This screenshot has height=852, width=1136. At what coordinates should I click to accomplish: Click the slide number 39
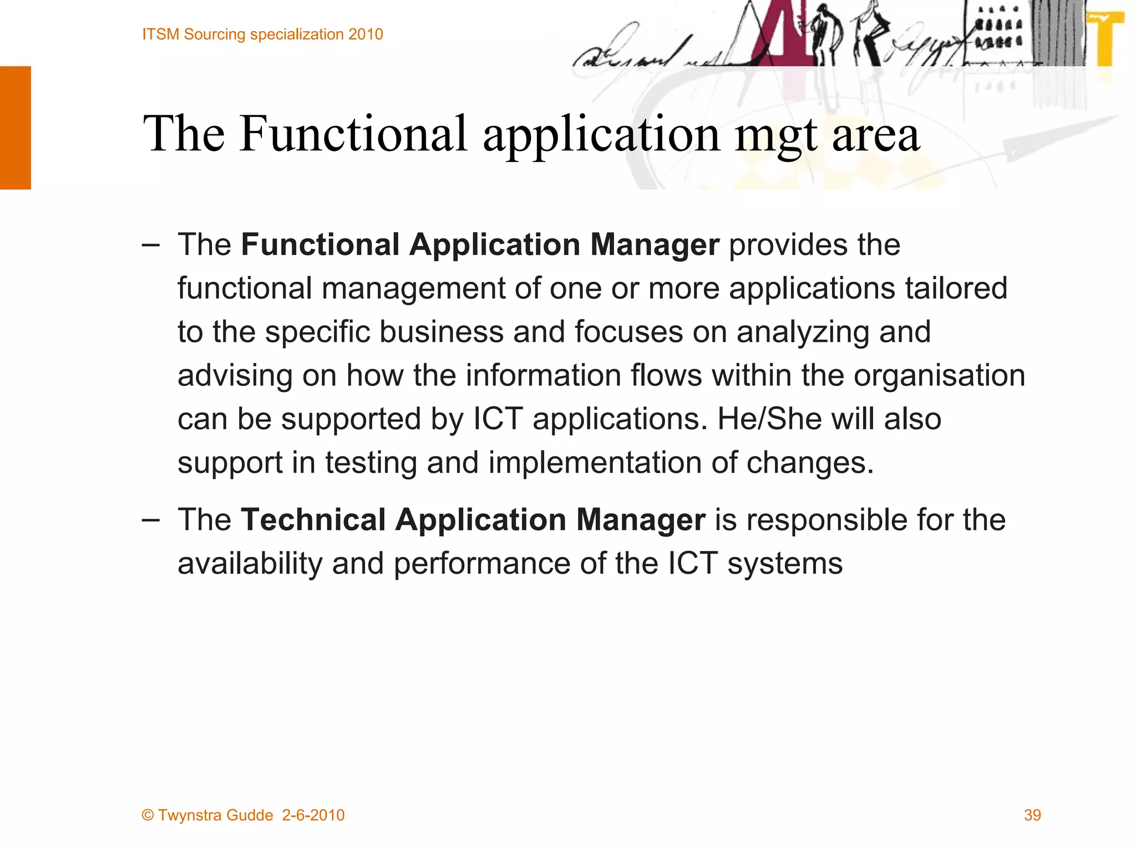(x=1032, y=815)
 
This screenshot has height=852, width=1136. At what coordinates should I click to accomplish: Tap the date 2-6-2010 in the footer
(x=313, y=815)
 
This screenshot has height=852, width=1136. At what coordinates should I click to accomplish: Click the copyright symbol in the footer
(x=148, y=815)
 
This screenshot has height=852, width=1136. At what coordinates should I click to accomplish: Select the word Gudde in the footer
(x=249, y=815)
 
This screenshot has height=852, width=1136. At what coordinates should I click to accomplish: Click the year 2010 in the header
(x=366, y=34)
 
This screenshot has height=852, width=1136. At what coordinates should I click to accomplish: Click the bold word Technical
(x=313, y=520)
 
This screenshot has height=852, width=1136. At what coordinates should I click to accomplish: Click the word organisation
(x=939, y=376)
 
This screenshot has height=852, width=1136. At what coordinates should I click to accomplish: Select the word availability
(x=250, y=564)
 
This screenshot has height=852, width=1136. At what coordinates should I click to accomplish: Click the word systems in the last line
(x=785, y=564)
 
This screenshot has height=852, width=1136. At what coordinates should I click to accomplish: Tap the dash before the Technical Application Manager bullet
(x=150, y=520)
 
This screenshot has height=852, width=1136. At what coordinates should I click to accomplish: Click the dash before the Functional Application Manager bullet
(x=150, y=245)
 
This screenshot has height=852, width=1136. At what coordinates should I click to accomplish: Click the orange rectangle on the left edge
(x=15, y=128)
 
